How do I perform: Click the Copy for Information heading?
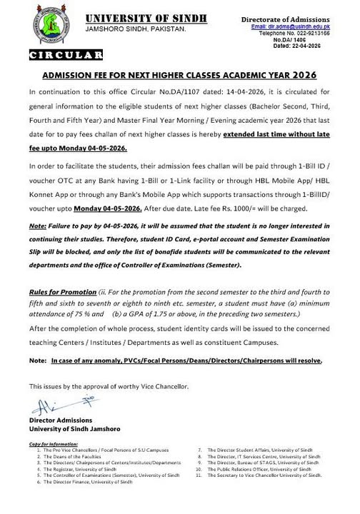click(54, 445)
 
